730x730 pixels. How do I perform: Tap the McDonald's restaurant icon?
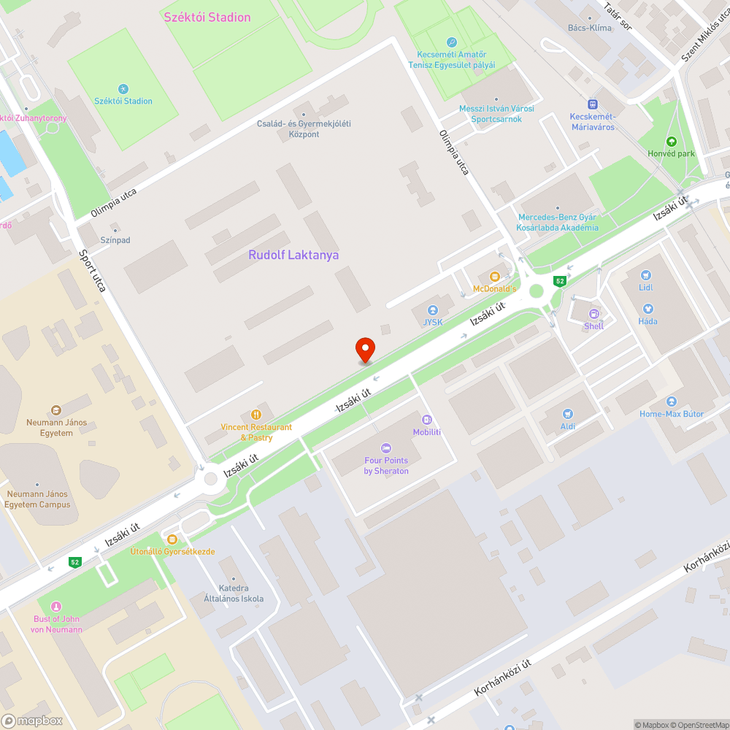click(495, 276)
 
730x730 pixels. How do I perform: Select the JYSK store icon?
click(433, 310)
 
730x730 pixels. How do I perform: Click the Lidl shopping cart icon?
click(645, 275)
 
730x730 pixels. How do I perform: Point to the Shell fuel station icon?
click(593, 314)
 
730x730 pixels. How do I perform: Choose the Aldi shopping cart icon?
click(568, 414)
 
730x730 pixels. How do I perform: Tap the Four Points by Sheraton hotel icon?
click(386, 447)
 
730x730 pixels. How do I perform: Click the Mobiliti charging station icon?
click(427, 419)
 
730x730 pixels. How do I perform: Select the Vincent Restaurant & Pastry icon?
click(256, 415)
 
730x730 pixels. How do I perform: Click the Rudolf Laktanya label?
click(293, 255)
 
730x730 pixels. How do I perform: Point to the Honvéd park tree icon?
click(672, 142)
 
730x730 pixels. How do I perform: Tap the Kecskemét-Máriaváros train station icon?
click(593, 104)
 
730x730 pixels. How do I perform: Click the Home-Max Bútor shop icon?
click(672, 401)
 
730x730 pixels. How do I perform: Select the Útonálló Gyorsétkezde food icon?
click(172, 539)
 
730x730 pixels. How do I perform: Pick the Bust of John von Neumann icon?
click(58, 607)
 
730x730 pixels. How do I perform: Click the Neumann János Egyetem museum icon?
click(57, 410)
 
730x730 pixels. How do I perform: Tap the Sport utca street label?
click(93, 271)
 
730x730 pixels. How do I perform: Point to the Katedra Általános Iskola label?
click(234, 593)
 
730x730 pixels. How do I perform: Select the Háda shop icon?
click(647, 309)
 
